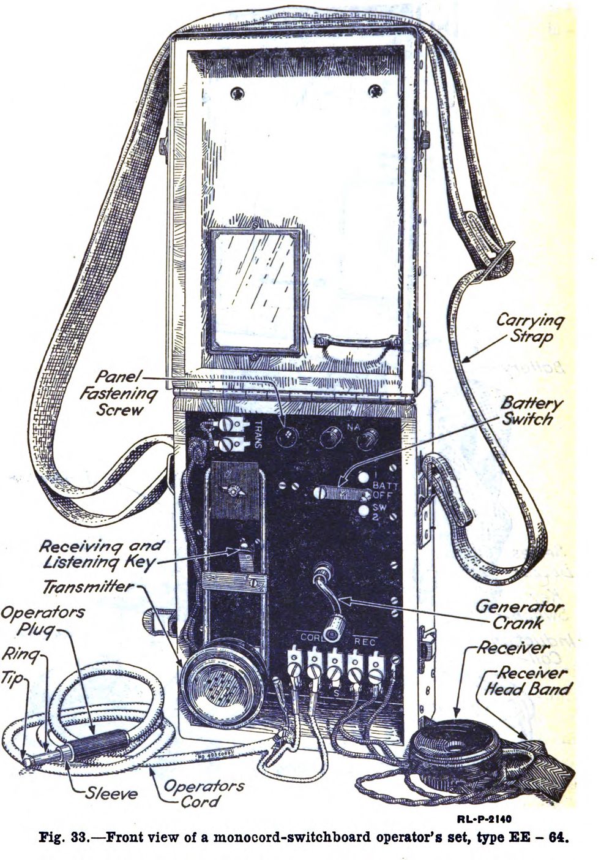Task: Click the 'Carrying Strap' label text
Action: (x=530, y=328)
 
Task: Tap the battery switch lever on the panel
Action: (x=334, y=492)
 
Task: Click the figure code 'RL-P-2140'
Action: (x=483, y=818)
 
